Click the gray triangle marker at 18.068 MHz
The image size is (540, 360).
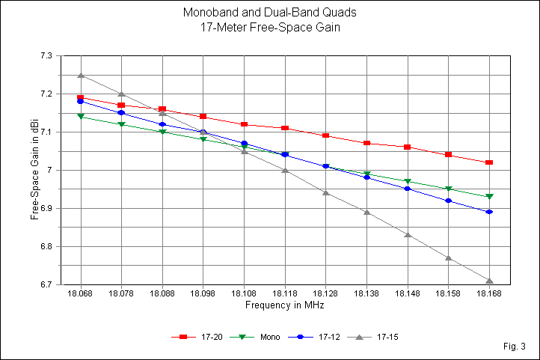coord(81,75)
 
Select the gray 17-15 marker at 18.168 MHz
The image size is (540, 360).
coord(489,281)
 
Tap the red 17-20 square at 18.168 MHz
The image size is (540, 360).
coord(489,162)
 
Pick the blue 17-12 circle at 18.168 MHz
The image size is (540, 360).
coord(489,212)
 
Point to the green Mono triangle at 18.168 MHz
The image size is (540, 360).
coord(489,197)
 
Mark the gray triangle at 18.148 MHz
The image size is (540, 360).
coord(408,234)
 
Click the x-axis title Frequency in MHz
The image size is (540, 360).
coord(284,306)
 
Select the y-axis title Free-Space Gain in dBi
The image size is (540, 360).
coord(34,171)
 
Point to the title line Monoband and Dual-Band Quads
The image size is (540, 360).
coord(269,13)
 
